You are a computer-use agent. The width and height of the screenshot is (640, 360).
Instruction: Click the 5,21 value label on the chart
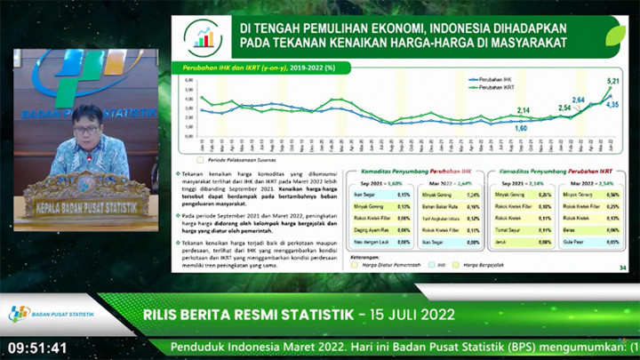point(612,81)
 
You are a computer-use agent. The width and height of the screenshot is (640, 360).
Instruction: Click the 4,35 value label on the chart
point(612,105)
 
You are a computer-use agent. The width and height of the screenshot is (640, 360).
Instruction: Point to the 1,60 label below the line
point(521,128)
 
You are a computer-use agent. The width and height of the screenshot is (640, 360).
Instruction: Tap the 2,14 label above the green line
point(523,109)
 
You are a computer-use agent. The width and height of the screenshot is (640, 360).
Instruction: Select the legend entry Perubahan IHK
point(496,79)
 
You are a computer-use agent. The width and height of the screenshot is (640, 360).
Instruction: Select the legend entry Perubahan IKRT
point(497,87)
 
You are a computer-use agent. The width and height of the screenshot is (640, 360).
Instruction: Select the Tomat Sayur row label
point(509,228)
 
